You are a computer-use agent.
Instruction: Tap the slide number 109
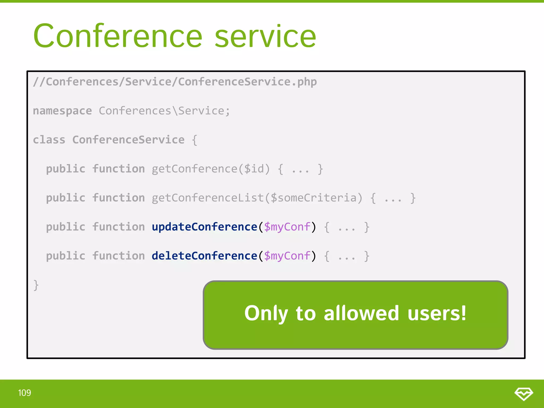24,393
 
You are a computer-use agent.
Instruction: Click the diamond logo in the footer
524,393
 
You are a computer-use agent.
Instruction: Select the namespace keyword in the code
62,111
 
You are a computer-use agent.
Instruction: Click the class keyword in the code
49,140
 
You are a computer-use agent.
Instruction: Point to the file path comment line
175,82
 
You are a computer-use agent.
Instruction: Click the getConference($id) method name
211,169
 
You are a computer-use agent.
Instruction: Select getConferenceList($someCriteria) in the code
257,198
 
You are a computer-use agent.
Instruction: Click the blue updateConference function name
204,227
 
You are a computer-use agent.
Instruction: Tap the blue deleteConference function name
204,256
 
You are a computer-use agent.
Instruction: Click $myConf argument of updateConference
287,227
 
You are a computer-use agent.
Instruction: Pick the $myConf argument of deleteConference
287,256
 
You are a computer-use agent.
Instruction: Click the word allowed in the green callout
361,313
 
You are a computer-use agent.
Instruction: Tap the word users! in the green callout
437,313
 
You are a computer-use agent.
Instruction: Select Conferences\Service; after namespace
164,111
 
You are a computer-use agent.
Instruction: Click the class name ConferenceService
128,140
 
